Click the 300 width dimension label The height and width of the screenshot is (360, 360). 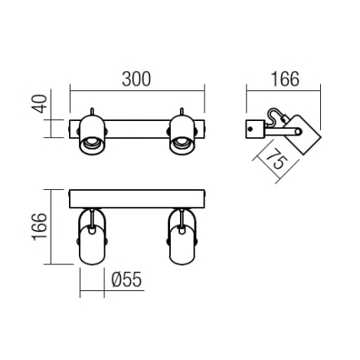[x=136, y=79]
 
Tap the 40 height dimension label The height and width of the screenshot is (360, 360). [x=40, y=103]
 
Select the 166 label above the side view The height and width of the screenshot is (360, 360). [x=285, y=79]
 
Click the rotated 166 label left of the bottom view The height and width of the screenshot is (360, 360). [x=40, y=227]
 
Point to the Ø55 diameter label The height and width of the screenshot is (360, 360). [x=126, y=280]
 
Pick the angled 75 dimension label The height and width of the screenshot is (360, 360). [x=277, y=159]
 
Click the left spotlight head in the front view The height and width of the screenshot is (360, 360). [x=92, y=136]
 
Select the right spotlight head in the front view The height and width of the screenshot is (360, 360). [x=182, y=136]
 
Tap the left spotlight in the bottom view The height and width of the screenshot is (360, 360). [x=92, y=237]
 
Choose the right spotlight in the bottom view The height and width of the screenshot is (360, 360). [x=182, y=237]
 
